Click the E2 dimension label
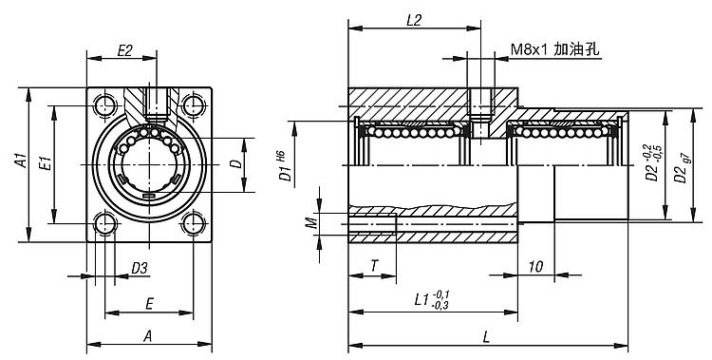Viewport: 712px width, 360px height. (x=124, y=50)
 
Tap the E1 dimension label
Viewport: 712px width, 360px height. (x=45, y=162)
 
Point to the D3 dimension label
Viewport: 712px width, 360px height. (x=140, y=268)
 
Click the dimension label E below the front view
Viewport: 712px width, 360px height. (x=149, y=304)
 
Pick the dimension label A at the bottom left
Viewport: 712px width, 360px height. (x=147, y=336)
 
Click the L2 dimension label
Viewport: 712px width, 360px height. (x=414, y=21)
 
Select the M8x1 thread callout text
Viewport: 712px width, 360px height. (x=530, y=49)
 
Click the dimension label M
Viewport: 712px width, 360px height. (x=310, y=222)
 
